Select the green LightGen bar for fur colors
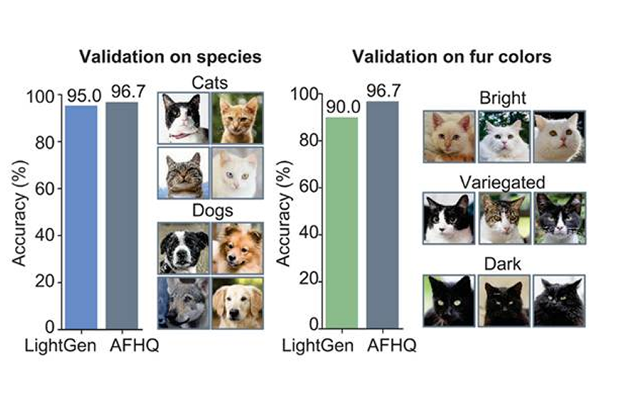pos(341,223)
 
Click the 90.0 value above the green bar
pos(341,107)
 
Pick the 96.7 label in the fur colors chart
pos(383,91)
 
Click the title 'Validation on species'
pos(170,57)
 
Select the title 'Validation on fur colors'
pos(452,57)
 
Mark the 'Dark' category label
pos(504,264)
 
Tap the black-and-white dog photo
pos(183,248)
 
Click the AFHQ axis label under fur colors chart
pos(391,347)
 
